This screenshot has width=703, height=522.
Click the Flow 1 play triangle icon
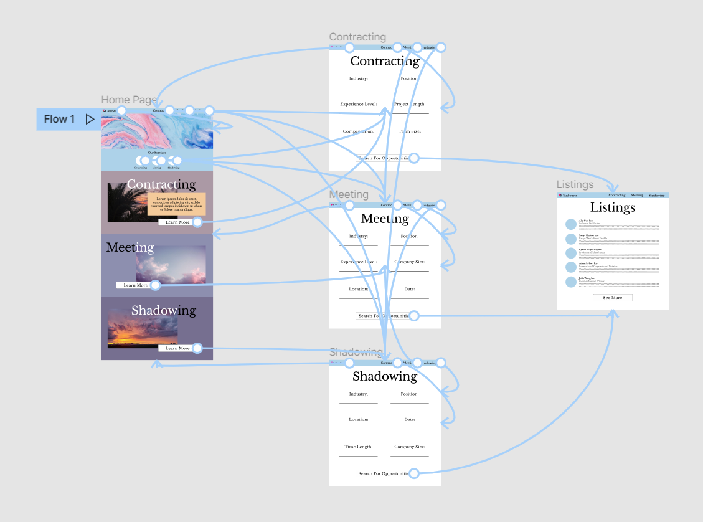(x=90, y=119)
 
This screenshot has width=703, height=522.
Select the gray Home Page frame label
(x=129, y=100)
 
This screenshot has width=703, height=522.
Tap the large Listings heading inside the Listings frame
(x=612, y=207)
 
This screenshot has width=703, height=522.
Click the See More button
(x=612, y=298)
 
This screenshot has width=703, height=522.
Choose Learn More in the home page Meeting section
(x=136, y=285)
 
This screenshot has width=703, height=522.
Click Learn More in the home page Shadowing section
(x=177, y=348)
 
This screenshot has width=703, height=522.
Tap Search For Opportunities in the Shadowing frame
(x=383, y=473)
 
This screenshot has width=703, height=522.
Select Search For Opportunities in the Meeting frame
(x=383, y=316)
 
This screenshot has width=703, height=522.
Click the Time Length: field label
(x=358, y=447)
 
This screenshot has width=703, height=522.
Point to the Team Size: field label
(x=410, y=131)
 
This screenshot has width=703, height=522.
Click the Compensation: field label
(x=358, y=131)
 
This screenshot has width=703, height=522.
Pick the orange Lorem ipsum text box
(x=176, y=204)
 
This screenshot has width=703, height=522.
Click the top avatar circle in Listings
(x=571, y=224)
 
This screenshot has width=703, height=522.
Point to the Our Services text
(x=157, y=153)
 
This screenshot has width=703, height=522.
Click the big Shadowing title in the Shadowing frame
(x=384, y=376)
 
